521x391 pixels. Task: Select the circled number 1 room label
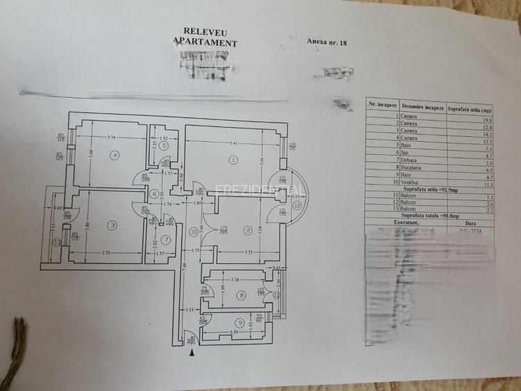pyautogui.click(x=233, y=160)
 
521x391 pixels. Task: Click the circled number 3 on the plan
pyautogui.click(x=113, y=225)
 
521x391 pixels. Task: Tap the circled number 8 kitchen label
pyautogui.click(x=241, y=295)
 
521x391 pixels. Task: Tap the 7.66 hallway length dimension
pyautogui.click(x=183, y=265)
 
